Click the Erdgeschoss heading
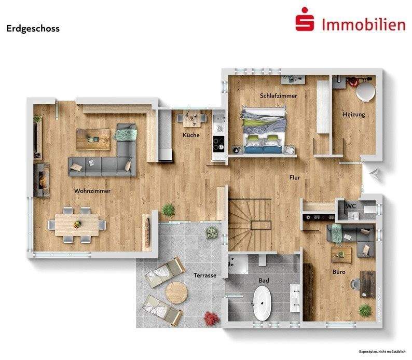(33, 29)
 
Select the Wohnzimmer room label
(92, 191)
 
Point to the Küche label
(190, 135)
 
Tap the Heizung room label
(353, 115)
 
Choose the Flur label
(294, 178)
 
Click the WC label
(351, 206)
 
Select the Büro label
(339, 272)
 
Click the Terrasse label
(204, 275)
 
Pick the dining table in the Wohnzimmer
(77, 224)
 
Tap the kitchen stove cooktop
(218, 142)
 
